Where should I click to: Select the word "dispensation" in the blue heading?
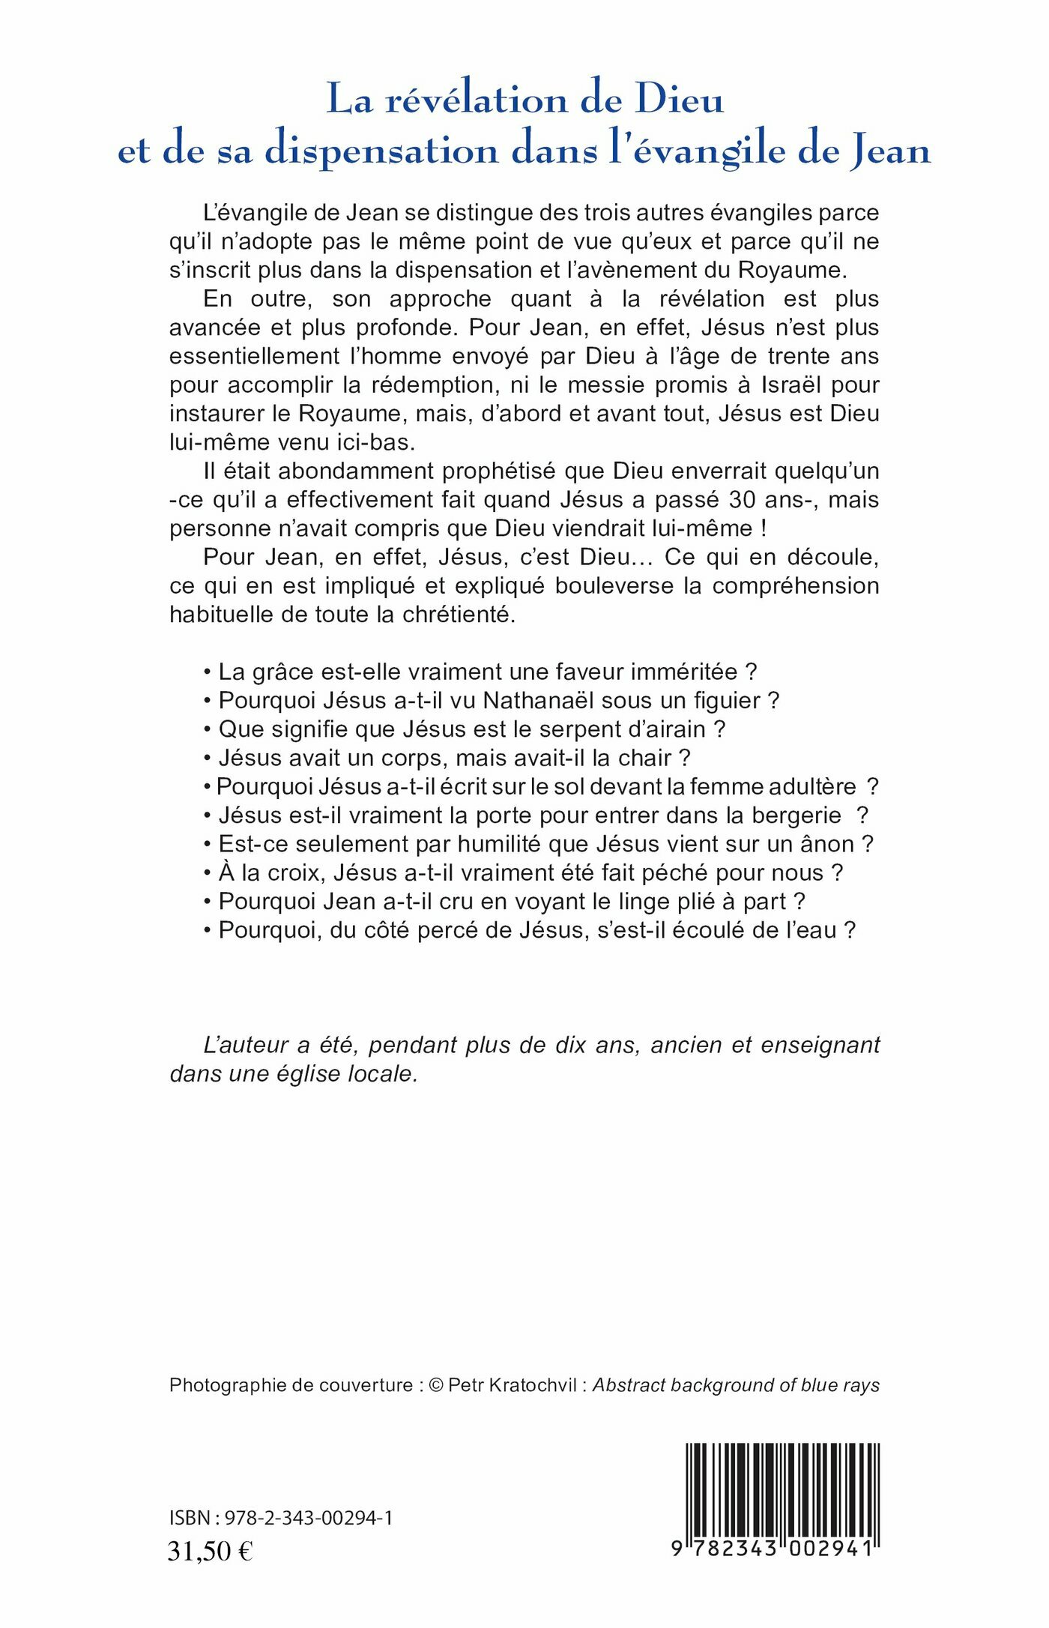(381, 151)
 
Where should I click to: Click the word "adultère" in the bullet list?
(811, 786)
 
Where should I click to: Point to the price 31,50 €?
(211, 1550)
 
